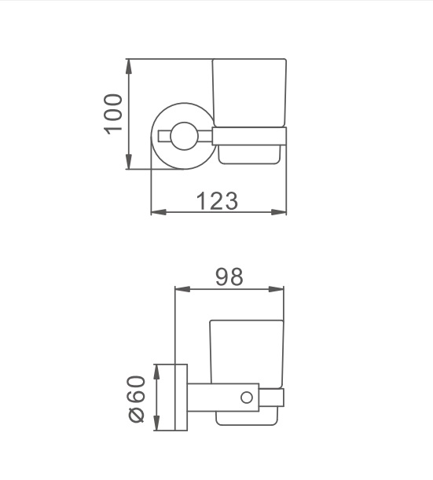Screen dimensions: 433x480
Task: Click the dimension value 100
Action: pos(113,114)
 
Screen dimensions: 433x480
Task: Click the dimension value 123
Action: pos(217,201)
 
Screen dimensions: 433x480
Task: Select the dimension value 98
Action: pos(229,277)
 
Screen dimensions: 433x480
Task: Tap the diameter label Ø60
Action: pos(137,399)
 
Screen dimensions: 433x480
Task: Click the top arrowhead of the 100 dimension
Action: pos(129,66)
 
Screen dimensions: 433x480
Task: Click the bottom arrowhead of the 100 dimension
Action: pos(129,162)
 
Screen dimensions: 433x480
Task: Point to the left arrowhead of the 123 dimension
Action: pos(159,212)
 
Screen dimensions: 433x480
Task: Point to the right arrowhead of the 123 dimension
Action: pos(279,212)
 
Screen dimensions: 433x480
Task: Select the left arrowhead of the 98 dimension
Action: pos(182,289)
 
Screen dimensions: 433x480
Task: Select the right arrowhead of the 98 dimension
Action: pos(276,289)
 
